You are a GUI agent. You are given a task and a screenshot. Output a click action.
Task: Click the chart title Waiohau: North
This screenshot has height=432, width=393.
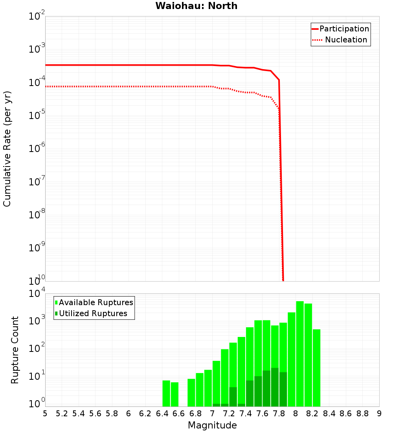(x=196, y=6)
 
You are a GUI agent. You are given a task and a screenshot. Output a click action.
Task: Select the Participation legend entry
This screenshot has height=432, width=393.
(x=344, y=29)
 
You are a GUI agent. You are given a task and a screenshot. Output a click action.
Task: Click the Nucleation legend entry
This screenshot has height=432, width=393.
(x=346, y=40)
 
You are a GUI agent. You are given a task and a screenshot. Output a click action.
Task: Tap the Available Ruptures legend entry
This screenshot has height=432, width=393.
(x=95, y=302)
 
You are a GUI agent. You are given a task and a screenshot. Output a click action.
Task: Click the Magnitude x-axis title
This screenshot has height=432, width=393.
(x=212, y=425)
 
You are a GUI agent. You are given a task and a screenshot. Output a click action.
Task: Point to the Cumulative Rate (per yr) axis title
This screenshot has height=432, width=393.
(x=7, y=149)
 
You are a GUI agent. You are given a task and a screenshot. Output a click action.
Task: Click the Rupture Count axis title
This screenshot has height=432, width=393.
(x=15, y=350)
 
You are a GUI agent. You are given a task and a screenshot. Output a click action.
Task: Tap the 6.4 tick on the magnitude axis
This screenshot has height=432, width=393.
(x=162, y=414)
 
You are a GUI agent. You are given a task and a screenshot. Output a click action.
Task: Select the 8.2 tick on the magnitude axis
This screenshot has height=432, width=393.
(x=312, y=414)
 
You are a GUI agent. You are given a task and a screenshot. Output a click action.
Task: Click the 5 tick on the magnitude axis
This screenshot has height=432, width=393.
(x=45, y=414)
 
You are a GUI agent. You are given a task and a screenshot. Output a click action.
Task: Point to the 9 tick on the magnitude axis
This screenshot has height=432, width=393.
(x=379, y=414)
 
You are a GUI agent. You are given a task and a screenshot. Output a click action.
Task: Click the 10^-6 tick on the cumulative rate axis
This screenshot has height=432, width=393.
(x=36, y=149)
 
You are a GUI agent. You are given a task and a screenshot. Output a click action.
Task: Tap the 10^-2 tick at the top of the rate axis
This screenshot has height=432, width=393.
(x=36, y=16)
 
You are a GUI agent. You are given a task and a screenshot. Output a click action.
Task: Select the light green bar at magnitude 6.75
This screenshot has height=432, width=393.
(x=191, y=393)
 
